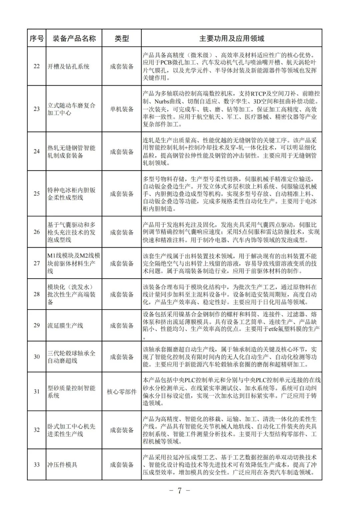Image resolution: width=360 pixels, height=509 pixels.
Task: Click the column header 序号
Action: point(37,38)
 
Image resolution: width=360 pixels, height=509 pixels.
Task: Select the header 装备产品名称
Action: point(74,38)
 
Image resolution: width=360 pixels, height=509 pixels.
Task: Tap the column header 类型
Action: point(122,38)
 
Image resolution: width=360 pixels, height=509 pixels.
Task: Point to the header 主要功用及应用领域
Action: point(232,38)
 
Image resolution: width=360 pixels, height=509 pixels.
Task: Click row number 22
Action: point(37,66)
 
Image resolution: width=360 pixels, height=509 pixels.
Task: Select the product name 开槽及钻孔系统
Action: point(68,66)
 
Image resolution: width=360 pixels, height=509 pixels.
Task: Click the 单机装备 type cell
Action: point(122,109)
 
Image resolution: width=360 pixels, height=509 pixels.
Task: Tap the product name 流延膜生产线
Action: point(65,326)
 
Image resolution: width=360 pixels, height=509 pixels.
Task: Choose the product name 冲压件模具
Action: point(62,465)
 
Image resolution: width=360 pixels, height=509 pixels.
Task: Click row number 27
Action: point(37,264)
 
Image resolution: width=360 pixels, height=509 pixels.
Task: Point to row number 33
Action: point(37,465)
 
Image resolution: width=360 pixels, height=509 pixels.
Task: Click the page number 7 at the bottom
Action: point(179,491)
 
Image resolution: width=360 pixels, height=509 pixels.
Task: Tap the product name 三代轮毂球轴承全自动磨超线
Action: point(71,357)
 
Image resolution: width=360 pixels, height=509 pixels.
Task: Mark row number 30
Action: point(37,357)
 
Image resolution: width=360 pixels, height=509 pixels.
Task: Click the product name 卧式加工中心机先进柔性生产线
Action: point(71,430)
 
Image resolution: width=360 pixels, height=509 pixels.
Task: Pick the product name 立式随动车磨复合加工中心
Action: point(71,109)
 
